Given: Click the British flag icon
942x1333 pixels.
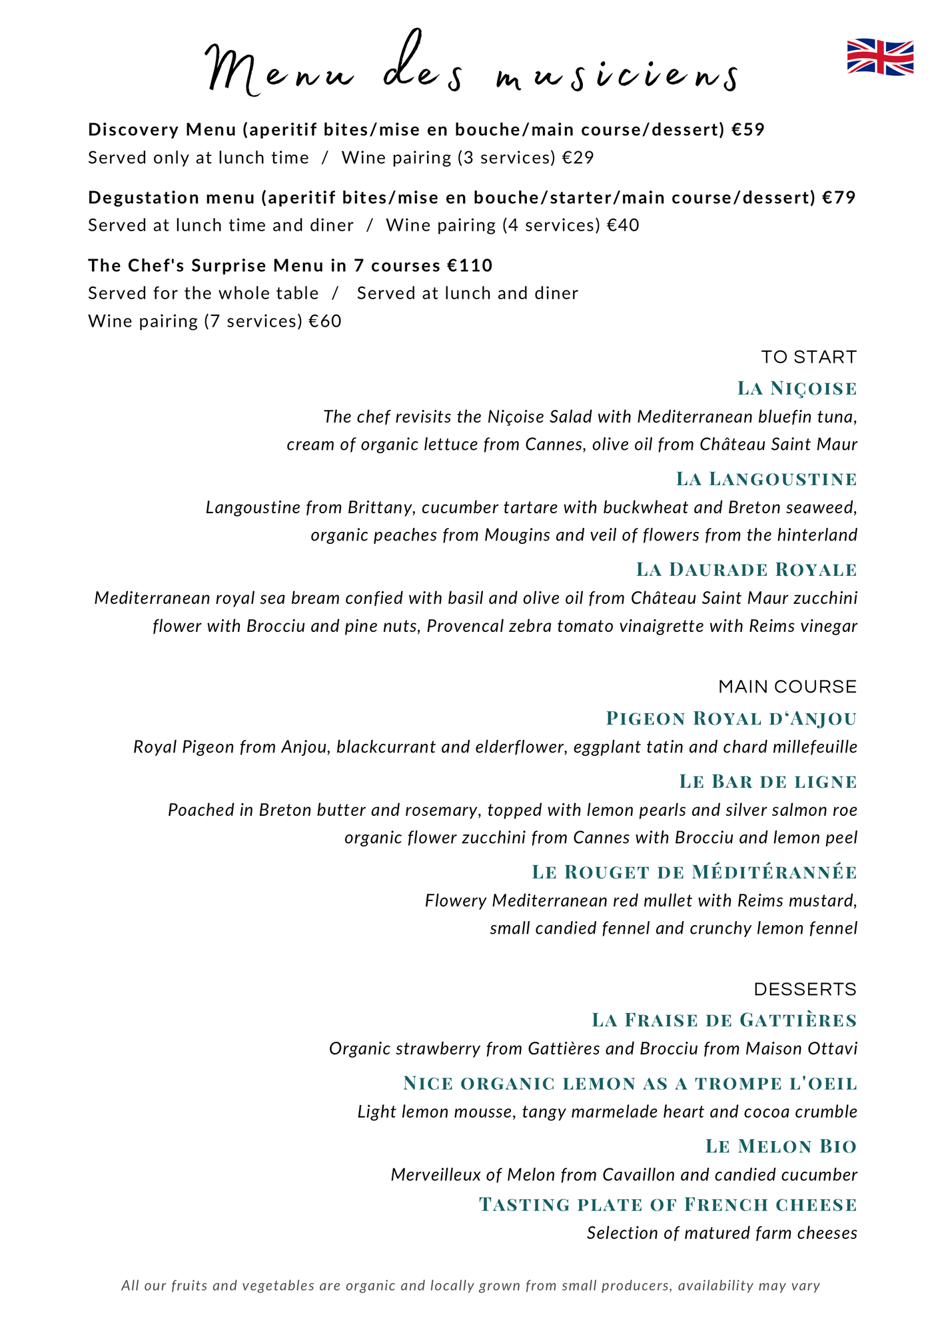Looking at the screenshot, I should [x=880, y=57].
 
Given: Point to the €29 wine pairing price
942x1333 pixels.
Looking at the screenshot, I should [x=577, y=158].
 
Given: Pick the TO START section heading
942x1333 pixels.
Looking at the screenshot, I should [x=809, y=357].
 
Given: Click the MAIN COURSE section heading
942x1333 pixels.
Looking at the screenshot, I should [x=787, y=686].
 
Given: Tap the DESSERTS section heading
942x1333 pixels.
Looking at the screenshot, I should [x=805, y=989].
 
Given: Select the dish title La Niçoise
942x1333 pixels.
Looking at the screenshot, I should [x=797, y=388].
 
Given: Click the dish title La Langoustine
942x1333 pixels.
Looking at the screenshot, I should [x=766, y=479].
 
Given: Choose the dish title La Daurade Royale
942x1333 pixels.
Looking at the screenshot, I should [x=746, y=569].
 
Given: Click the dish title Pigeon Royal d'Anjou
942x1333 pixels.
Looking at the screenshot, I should [x=731, y=718].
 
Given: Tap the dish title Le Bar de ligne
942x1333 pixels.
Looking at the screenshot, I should [x=767, y=781].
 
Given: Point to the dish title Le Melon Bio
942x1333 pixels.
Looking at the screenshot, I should [x=781, y=1146].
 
